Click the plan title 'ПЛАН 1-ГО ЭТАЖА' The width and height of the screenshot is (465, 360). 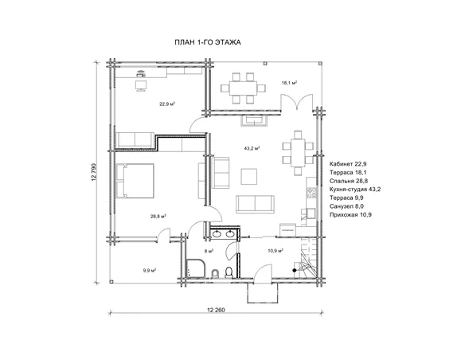click(208, 42)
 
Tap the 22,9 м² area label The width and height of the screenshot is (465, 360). click(167, 104)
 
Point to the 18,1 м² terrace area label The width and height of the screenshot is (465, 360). click(290, 83)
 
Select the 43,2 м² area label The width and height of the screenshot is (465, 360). click(252, 148)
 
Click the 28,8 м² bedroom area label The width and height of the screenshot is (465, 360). click(158, 216)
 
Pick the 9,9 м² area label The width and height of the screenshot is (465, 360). click(150, 270)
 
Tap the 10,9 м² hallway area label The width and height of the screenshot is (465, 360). click(275, 251)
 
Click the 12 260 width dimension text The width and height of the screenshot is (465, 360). click(216, 310)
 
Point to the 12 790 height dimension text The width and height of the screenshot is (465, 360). click(95, 172)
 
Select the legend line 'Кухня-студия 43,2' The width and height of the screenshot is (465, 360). click(355, 190)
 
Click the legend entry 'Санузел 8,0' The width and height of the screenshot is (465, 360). click(346, 206)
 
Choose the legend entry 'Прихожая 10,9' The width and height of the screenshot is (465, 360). click(350, 215)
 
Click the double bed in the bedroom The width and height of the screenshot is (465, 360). click(135, 181)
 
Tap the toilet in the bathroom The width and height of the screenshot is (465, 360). click(229, 272)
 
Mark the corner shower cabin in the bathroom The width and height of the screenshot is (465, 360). click(195, 268)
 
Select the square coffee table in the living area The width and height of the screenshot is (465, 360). click(248, 176)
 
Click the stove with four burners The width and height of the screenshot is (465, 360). click(311, 193)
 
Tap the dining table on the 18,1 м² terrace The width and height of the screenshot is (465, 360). click(243, 88)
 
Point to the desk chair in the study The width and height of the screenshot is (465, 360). click(141, 85)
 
